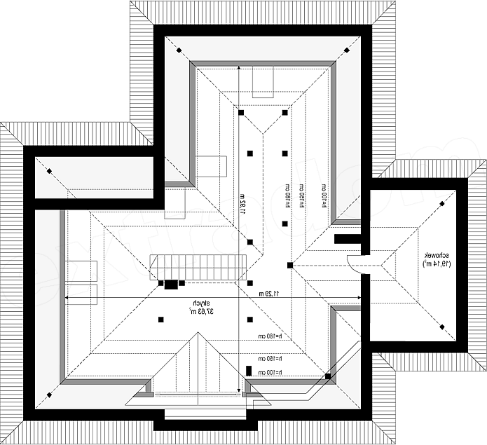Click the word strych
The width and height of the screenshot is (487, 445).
pyautogui.click(x=191, y=303)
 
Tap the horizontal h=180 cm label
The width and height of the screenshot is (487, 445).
pyautogui.click(x=269, y=336)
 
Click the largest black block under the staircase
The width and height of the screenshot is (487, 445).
pyautogui.click(x=171, y=284)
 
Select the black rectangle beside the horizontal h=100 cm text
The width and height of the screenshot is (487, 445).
pyautogui.click(x=249, y=371)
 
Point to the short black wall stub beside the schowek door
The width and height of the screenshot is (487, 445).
pyautogui.click(x=347, y=239)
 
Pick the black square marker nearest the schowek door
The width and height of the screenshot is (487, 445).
pyautogui.click(x=289, y=265)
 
